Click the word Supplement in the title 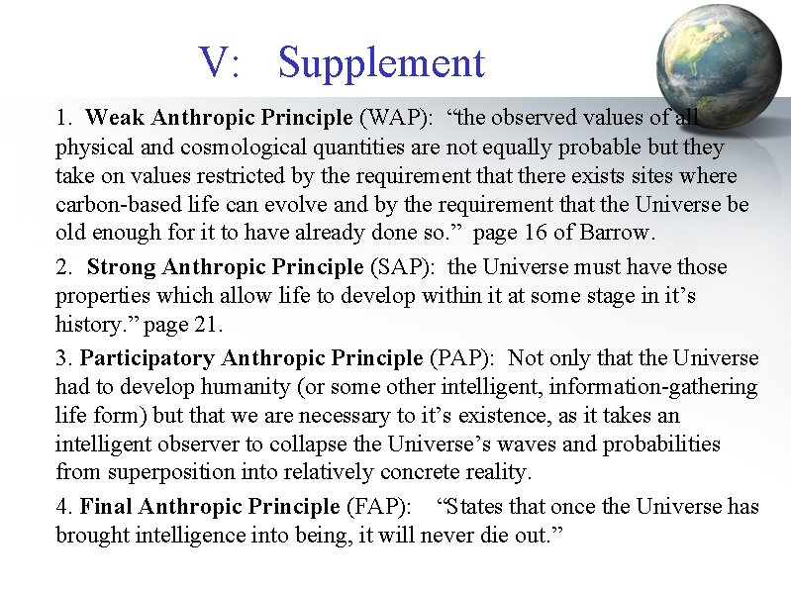[x=382, y=62]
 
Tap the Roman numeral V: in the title [x=220, y=62]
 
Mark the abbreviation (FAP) [x=377, y=507]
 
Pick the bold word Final [x=107, y=507]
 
